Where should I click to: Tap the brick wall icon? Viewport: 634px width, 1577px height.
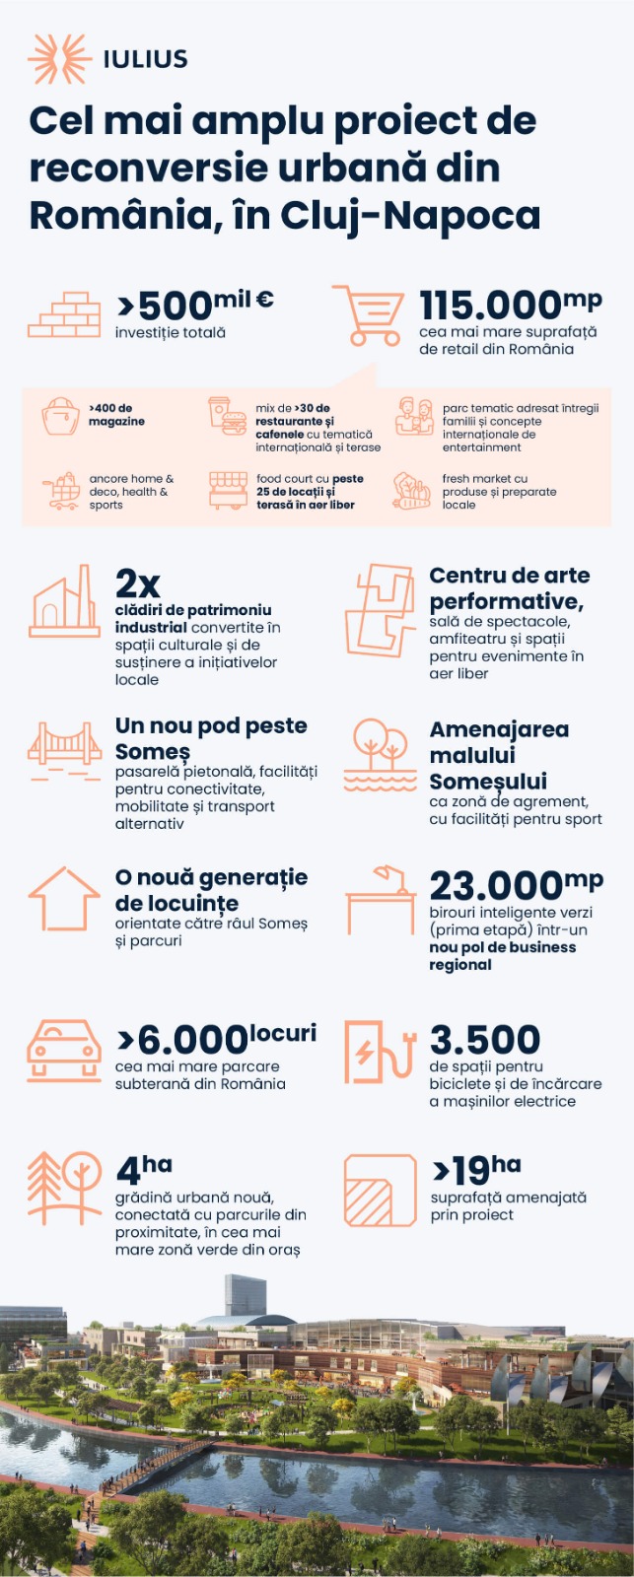tap(64, 315)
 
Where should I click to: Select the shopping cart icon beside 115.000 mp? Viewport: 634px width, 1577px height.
tap(368, 315)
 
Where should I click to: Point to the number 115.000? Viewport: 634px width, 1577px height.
tap(490, 306)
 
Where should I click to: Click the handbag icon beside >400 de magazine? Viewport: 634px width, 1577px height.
tap(60, 416)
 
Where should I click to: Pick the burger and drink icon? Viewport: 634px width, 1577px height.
tap(227, 416)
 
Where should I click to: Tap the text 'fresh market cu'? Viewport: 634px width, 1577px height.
tap(484, 479)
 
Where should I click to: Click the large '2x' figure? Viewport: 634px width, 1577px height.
tap(137, 583)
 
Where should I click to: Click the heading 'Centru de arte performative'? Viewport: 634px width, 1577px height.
tap(509, 588)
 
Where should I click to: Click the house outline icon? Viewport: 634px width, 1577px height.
tap(64, 899)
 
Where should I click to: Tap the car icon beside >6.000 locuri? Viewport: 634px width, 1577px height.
tap(64, 1051)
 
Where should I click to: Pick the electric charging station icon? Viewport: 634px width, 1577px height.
tap(379, 1051)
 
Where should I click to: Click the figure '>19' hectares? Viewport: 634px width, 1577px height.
tap(461, 1171)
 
